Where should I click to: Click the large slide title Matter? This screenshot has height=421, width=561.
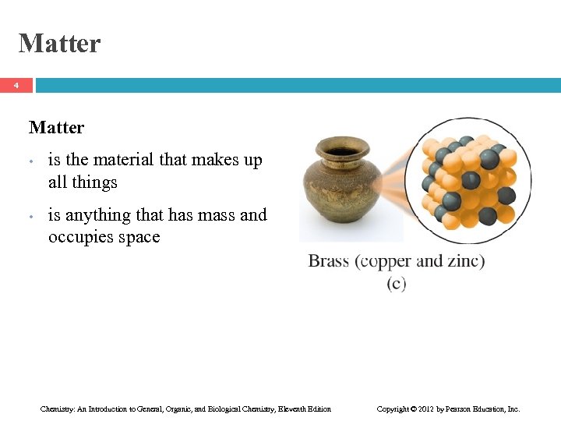click(59, 43)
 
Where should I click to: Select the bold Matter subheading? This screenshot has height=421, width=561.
click(56, 127)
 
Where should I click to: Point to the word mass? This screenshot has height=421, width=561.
click(206, 214)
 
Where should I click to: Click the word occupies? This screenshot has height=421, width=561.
click(81, 237)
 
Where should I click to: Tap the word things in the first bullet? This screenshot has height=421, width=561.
click(94, 182)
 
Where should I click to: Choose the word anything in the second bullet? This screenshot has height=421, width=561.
click(96, 215)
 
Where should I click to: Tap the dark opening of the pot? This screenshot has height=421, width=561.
click(341, 150)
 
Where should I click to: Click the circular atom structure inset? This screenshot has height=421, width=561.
click(462, 181)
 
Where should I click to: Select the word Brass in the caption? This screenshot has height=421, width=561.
click(329, 261)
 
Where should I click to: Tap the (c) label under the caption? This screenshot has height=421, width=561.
click(396, 284)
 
